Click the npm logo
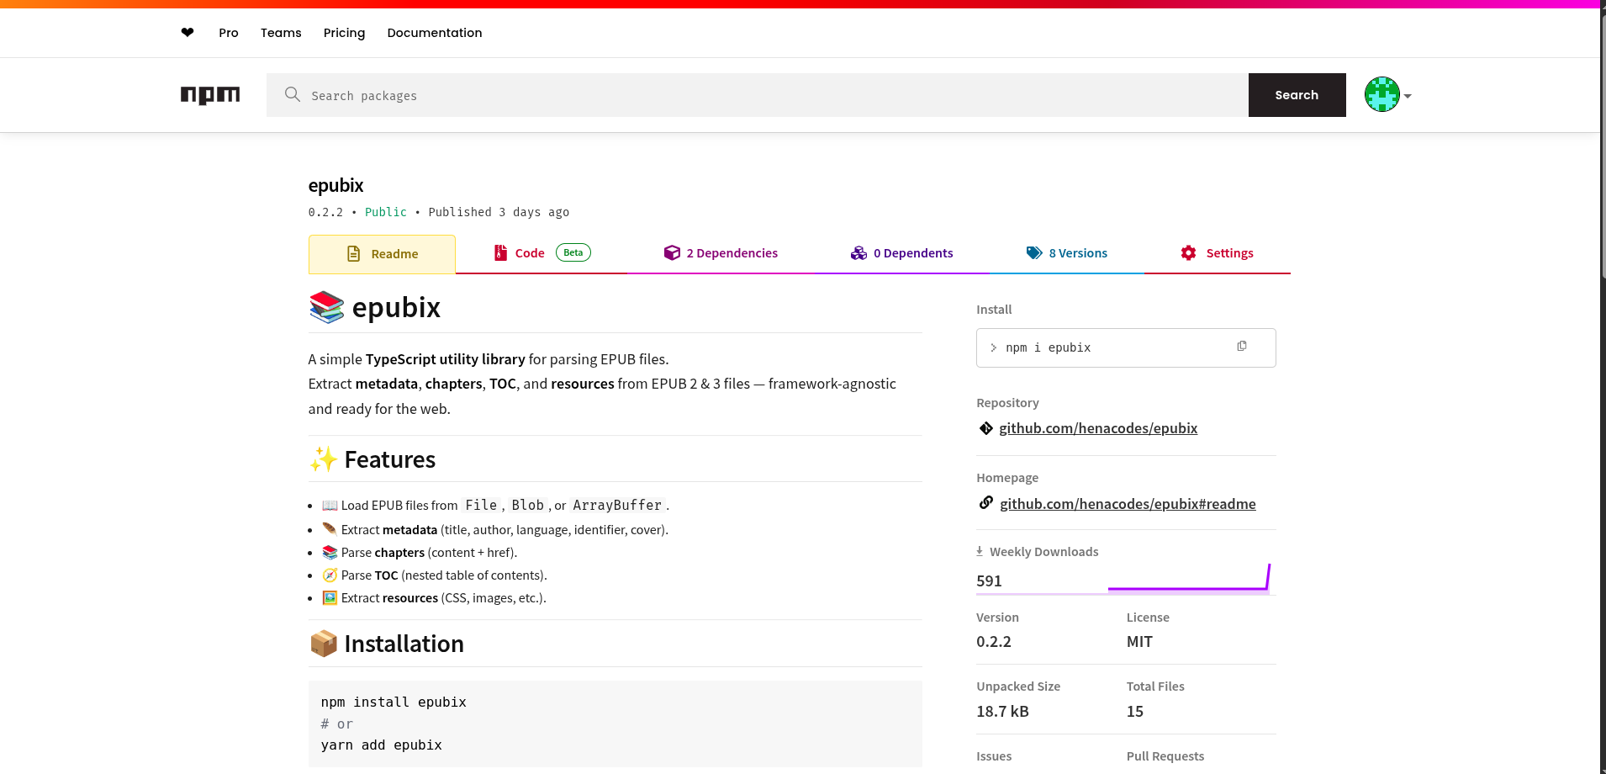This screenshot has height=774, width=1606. (209, 95)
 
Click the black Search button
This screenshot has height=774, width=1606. (1296, 95)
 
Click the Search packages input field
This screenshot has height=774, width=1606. (757, 95)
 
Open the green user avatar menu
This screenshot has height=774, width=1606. (1387, 94)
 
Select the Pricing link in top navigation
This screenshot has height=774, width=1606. (344, 33)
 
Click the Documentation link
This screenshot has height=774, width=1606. (434, 33)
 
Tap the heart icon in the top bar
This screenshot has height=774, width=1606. (188, 33)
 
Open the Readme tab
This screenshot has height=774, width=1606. (383, 254)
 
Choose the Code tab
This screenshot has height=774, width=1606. (530, 253)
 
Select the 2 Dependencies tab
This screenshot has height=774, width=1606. (721, 253)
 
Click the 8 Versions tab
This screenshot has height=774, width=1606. (1067, 253)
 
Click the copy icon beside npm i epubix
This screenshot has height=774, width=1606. (1242, 347)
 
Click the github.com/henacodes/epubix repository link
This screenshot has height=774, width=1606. (1097, 428)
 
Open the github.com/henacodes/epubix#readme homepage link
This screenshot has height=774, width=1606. (1127, 504)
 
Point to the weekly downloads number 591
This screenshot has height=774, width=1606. (989, 581)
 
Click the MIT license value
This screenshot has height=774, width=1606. (1139, 642)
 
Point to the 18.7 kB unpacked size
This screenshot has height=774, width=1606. (1002, 712)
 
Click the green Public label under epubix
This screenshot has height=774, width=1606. (385, 212)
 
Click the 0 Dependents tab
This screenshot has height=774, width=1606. (902, 253)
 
